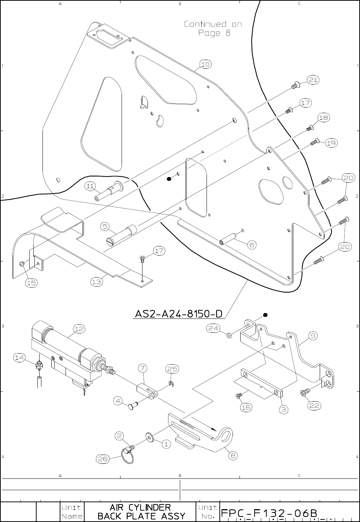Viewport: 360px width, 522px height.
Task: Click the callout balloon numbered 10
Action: click(x=205, y=64)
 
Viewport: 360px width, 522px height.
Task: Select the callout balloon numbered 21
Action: click(x=312, y=80)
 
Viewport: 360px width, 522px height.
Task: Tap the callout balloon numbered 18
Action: click(x=323, y=118)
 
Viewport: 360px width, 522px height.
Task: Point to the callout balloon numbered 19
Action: click(x=331, y=143)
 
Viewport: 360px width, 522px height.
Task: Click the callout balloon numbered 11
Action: click(x=90, y=186)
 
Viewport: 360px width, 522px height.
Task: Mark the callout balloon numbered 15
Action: click(x=31, y=283)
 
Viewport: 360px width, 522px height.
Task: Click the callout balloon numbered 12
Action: click(x=79, y=329)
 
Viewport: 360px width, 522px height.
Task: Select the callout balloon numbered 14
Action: click(x=20, y=357)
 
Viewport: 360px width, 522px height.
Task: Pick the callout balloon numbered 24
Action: click(x=214, y=328)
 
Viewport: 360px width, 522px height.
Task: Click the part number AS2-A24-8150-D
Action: click(x=179, y=314)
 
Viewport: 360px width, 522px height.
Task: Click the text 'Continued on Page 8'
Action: click(x=213, y=29)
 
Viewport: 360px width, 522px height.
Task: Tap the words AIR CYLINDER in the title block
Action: click(x=140, y=507)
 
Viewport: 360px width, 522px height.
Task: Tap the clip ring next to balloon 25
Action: click(x=171, y=383)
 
